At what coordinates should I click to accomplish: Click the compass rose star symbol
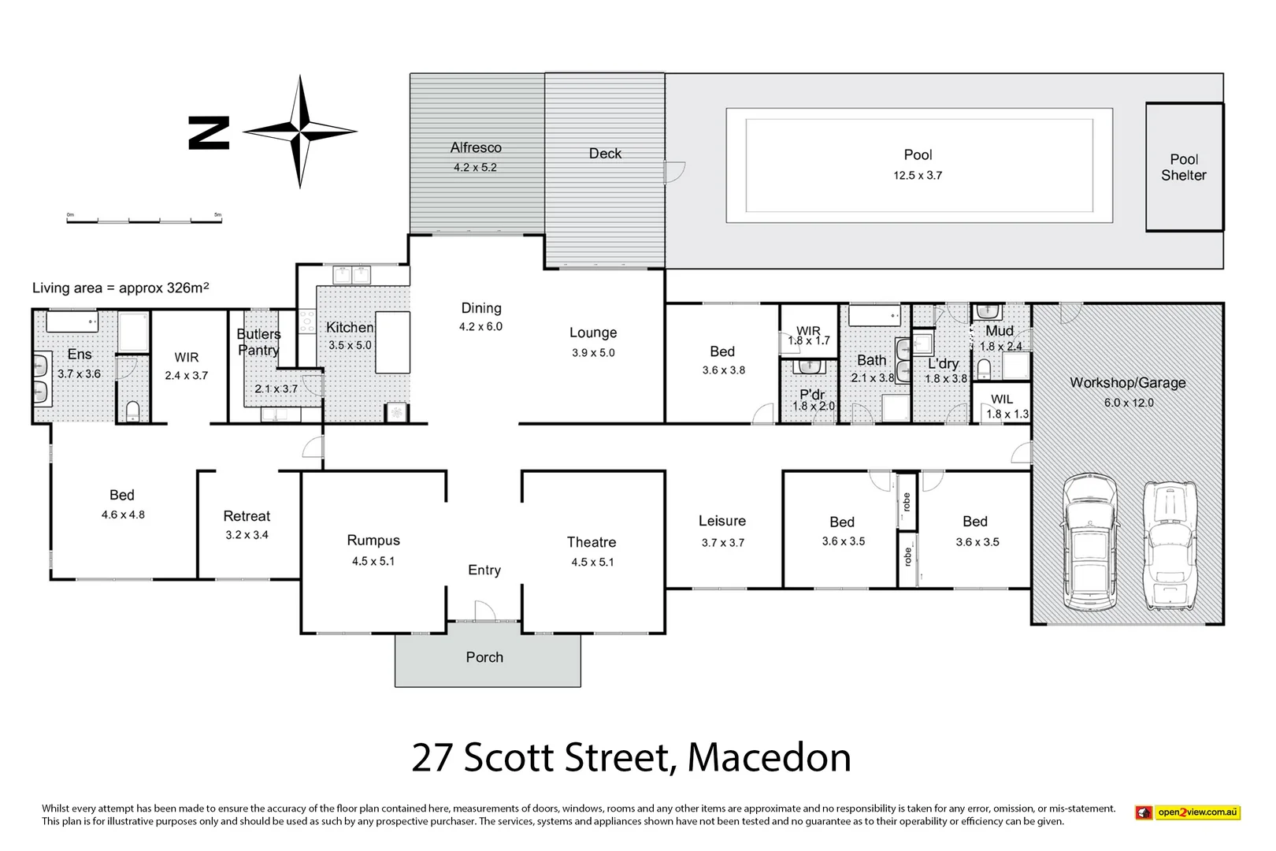point(299,132)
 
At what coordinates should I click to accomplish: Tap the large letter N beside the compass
point(209,132)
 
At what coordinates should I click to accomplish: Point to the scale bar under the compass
point(144,220)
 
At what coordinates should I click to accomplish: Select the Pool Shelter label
point(1183,167)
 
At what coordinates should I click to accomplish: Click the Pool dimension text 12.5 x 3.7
point(917,176)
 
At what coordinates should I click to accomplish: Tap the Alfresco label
point(476,147)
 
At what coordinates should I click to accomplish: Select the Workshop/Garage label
point(1127,383)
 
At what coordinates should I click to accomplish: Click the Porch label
point(484,657)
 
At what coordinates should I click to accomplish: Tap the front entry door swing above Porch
point(484,611)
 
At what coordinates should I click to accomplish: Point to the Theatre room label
point(592,542)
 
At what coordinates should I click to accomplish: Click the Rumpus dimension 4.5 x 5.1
point(373,561)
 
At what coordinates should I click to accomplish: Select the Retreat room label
point(247,516)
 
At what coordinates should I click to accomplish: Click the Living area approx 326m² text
point(121,288)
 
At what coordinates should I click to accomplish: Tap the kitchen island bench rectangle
point(392,343)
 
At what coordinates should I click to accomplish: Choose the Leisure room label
point(721,521)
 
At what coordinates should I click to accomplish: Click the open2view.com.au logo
point(1188,812)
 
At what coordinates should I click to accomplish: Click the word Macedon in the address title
point(769,757)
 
